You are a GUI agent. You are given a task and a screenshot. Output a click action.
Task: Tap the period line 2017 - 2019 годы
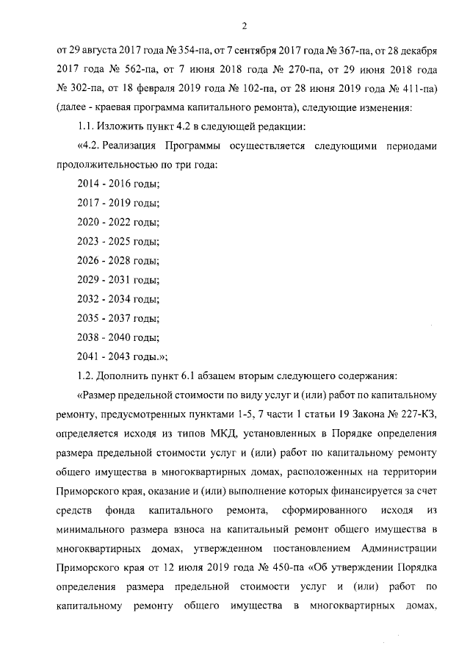pos(117,203)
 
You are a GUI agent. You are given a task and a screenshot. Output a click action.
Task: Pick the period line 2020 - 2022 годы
pos(117,222)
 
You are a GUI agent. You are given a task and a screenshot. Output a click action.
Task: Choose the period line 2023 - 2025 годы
pos(117,241)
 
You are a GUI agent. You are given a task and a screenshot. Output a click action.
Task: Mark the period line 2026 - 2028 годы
pos(117,260)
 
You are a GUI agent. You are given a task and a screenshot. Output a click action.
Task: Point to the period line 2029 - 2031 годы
pos(117,279)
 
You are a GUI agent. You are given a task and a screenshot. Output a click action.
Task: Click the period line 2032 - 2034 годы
pos(117,298)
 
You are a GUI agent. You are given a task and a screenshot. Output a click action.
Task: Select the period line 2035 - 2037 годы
pos(117,318)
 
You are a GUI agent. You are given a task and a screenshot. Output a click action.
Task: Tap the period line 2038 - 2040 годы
pos(117,337)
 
